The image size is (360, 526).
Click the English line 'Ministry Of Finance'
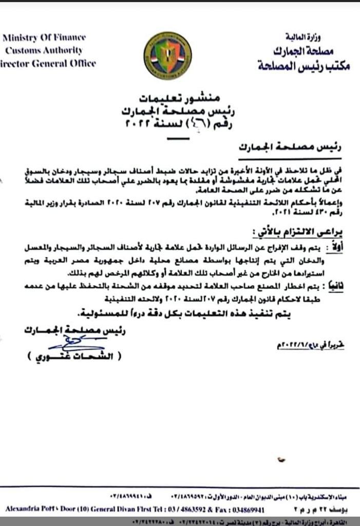point(44,37)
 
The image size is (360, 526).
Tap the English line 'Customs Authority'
point(44,50)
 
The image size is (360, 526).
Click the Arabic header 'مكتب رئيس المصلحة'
point(303,66)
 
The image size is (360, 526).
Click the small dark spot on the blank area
point(280,458)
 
